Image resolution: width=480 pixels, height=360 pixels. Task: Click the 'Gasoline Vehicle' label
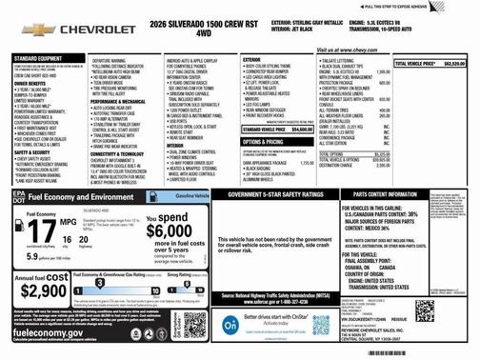click(x=192, y=194)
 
